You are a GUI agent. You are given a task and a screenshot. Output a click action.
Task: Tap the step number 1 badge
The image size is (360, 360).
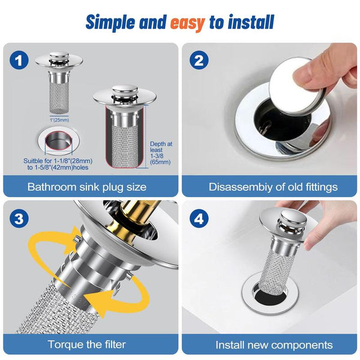pos(20,60)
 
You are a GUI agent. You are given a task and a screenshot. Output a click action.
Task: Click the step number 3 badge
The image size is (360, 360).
pos(20,220)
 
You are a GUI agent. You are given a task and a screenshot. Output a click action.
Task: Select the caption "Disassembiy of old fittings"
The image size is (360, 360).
pos(273,187)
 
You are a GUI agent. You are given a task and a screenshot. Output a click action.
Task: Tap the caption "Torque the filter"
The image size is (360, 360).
pos(87,345)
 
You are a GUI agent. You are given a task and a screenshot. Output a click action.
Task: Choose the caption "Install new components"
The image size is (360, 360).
pos(274,345)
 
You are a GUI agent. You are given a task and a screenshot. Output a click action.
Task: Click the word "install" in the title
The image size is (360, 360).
pos(250,22)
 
